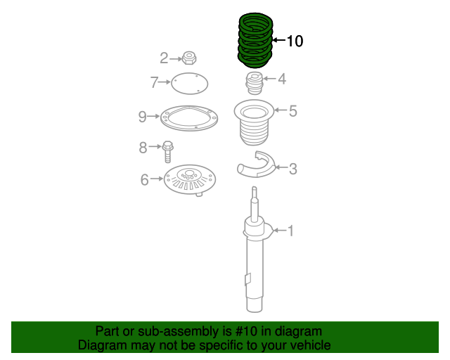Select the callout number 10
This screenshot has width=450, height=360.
point(295,41)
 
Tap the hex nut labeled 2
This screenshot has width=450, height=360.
point(188,58)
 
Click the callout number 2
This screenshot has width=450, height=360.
point(164,58)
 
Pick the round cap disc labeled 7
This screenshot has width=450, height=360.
point(190,84)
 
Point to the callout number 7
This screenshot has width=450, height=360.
point(154,83)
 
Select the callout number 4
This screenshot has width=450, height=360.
point(282,79)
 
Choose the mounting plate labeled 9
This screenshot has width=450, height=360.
point(187,117)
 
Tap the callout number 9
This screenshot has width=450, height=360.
point(142,116)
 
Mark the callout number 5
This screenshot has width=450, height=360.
point(293,110)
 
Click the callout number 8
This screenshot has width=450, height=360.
point(143,148)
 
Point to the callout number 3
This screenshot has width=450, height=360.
point(293,169)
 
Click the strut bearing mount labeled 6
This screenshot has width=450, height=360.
point(188,181)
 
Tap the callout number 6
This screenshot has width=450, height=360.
point(144,180)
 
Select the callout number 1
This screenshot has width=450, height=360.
point(290,231)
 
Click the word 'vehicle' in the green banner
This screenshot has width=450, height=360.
point(307,345)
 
